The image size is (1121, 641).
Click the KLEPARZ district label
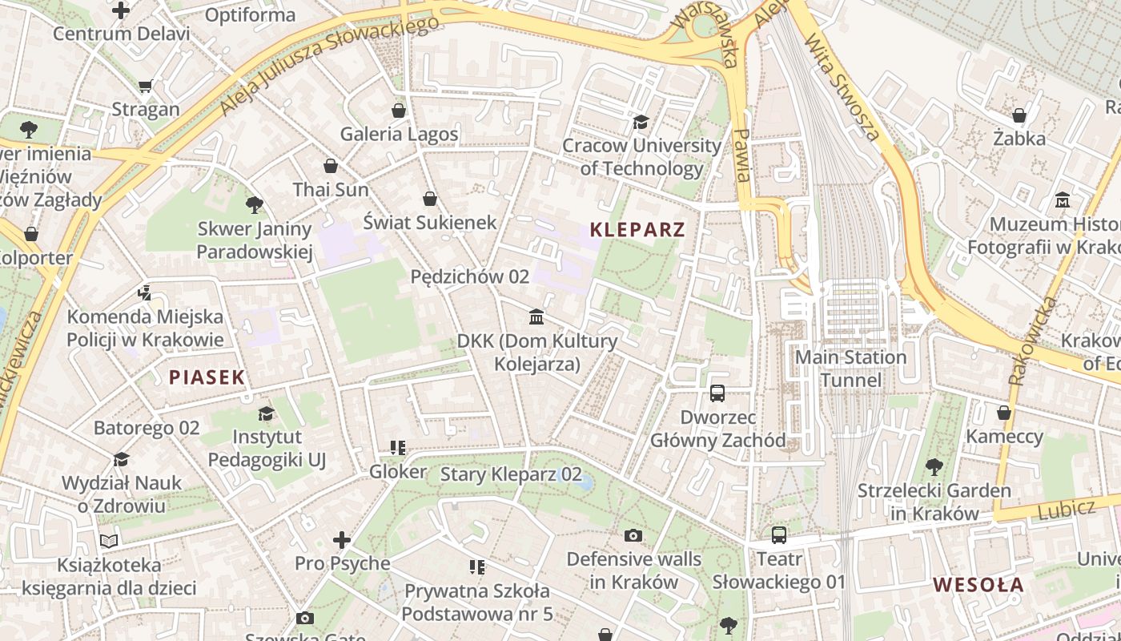[637, 230]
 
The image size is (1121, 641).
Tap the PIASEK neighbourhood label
[207, 377]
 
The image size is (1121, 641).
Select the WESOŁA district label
[978, 585]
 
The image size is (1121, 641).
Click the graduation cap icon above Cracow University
[641, 122]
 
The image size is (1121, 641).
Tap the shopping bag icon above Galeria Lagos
[399, 111]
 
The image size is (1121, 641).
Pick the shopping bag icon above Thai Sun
[330, 166]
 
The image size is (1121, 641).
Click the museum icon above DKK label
[537, 317]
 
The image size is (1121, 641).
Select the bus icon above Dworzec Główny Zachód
[717, 393]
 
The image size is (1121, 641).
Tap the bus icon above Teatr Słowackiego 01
[778, 535]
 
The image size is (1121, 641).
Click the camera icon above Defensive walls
[633, 535]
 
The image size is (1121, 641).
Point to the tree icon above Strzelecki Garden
[934, 467]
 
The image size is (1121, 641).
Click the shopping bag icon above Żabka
[1019, 115]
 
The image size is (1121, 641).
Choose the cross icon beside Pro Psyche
[342, 540]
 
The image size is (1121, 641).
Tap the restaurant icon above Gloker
[397, 448]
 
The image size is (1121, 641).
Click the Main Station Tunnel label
[850, 369]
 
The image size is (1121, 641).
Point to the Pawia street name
[741, 155]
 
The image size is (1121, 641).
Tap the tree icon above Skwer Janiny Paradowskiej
[255, 205]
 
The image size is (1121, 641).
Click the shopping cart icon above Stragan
[145, 87]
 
